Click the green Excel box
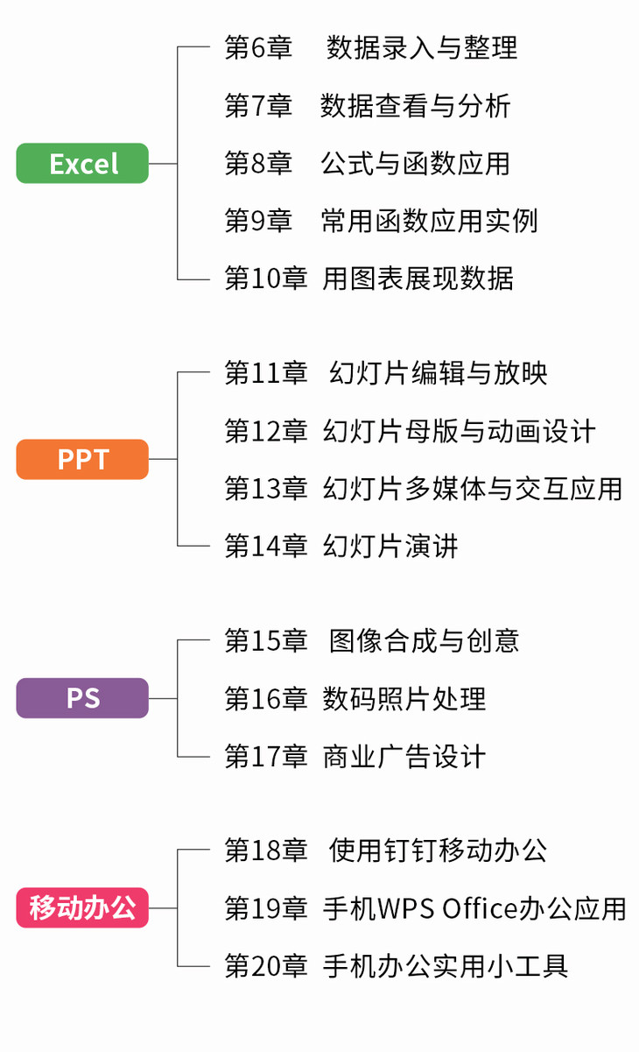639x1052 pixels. (82, 164)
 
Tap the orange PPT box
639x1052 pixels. (82, 460)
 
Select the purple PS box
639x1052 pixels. (82, 699)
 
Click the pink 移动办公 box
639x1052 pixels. (82, 907)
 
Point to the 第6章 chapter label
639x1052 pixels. (258, 47)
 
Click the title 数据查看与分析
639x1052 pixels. (415, 106)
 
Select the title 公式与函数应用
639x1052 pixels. (415, 164)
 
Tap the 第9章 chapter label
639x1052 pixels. (258, 221)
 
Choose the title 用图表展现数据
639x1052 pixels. (418, 279)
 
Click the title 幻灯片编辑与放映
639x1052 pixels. (439, 374)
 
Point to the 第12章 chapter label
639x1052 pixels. (266, 432)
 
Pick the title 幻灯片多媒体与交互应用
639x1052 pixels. (473, 489)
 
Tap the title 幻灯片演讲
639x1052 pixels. (390, 547)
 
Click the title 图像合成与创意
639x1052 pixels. (425, 641)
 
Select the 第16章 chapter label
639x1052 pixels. (266, 699)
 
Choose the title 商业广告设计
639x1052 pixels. (404, 757)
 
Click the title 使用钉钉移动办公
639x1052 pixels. (439, 851)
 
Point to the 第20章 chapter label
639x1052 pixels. (266, 966)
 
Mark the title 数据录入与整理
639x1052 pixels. (422, 47)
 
